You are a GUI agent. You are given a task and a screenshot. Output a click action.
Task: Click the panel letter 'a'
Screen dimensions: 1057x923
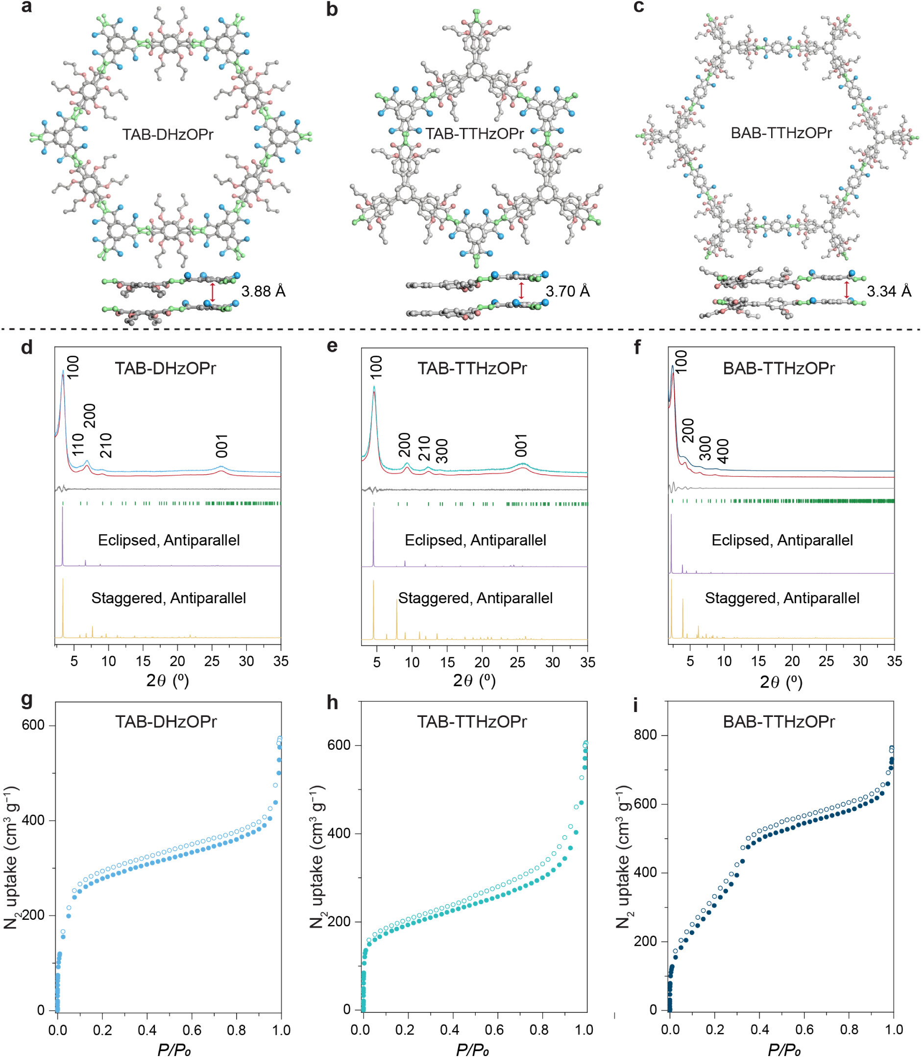click(x=27, y=7)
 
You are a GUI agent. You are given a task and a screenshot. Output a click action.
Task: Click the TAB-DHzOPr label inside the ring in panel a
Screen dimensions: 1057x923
click(x=168, y=134)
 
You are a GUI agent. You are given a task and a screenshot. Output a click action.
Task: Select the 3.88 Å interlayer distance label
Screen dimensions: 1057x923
click(x=263, y=292)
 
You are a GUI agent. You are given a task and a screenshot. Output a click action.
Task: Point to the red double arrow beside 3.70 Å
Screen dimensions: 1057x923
click(x=521, y=291)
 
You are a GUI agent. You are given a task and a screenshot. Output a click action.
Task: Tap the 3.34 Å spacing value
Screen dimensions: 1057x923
click(x=889, y=292)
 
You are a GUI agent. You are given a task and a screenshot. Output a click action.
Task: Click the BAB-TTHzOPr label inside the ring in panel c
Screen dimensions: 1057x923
click(x=781, y=133)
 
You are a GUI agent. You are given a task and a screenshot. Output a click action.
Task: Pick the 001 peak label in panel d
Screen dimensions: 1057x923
click(x=221, y=445)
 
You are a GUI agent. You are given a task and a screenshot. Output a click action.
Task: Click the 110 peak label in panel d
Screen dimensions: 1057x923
click(x=78, y=444)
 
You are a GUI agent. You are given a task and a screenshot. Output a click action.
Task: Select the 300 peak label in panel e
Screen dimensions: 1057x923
click(x=442, y=451)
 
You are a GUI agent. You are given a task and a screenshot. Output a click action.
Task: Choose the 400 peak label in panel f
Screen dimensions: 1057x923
click(x=723, y=451)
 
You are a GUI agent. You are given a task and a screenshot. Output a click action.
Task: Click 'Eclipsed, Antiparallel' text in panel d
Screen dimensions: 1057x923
click(x=169, y=541)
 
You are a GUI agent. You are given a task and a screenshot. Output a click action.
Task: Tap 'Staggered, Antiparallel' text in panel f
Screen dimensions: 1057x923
click(x=782, y=598)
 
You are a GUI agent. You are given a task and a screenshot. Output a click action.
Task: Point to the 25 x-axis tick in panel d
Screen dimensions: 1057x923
click(x=212, y=662)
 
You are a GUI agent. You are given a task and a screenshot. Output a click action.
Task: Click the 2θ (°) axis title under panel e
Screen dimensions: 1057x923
click(x=474, y=681)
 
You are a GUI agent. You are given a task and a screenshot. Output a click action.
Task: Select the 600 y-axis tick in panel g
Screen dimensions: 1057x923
click(x=33, y=725)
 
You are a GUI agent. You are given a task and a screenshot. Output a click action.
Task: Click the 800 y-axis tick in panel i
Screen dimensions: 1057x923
click(x=645, y=735)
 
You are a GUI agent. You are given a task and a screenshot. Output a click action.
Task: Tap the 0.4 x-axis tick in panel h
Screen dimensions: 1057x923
click(x=450, y=1030)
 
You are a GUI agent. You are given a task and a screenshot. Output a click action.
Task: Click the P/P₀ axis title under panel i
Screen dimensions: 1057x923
click(x=783, y=1049)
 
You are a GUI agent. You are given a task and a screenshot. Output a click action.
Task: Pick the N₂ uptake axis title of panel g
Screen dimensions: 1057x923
click(x=11, y=857)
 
